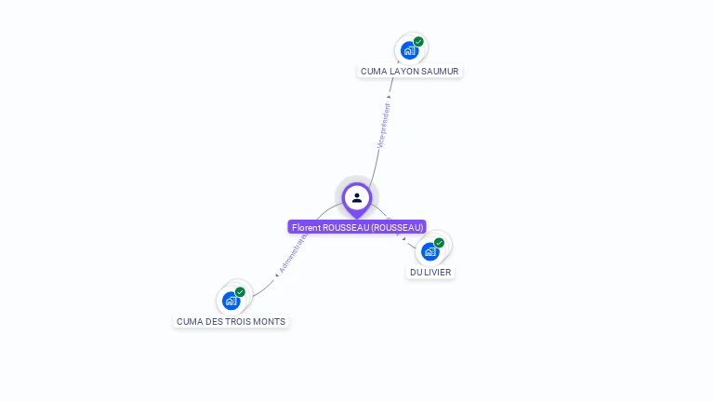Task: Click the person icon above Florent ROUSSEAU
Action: (357, 197)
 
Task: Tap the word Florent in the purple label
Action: (305, 227)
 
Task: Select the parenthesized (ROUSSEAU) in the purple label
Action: (397, 227)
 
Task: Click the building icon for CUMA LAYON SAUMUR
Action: (409, 50)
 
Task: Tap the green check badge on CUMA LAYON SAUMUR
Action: (418, 42)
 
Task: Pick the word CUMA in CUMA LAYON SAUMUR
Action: (374, 71)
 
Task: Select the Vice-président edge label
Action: (383, 126)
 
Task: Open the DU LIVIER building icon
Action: (430, 251)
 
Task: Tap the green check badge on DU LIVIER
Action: (439, 243)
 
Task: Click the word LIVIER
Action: (439, 272)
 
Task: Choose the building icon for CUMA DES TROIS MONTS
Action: (231, 301)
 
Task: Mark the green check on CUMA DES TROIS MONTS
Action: (240, 292)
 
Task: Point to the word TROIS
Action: (243, 321)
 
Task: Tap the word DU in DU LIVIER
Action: (416, 272)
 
